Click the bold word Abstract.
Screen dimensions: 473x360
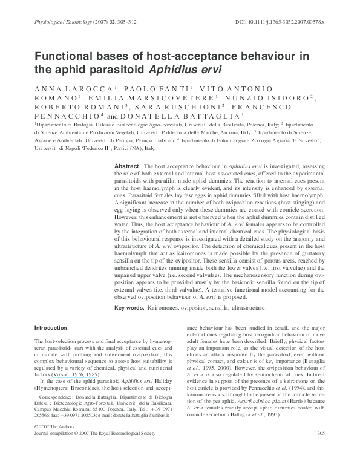(x=127, y=166)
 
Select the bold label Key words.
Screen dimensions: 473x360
(x=128, y=308)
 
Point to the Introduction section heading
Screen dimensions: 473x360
(x=51, y=327)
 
